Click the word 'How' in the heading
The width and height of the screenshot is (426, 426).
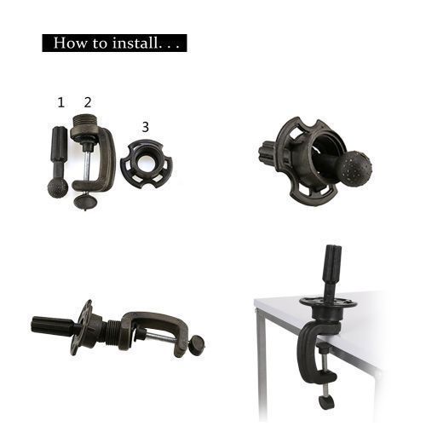coord(68,43)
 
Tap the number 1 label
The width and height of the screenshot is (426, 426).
coord(60,102)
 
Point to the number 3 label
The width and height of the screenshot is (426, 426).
coord(145,127)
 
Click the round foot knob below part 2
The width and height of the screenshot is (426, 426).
coord(83,201)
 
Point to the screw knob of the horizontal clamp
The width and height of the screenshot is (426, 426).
coord(197,344)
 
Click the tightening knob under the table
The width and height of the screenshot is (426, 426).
coord(326,401)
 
